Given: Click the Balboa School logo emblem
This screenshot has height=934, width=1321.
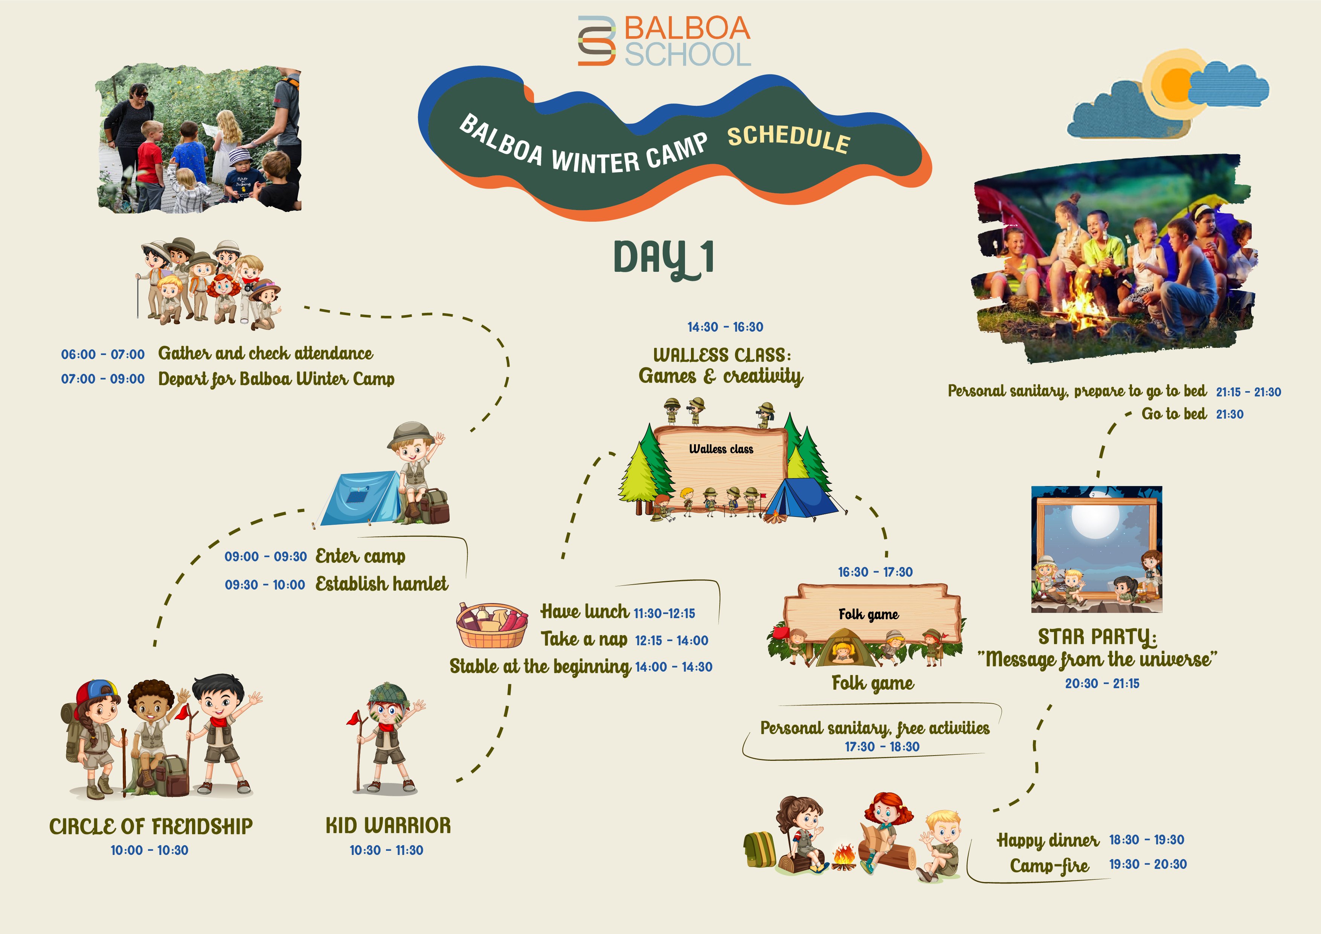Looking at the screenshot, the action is (596, 40).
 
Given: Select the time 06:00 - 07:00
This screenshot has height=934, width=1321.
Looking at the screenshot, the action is (103, 354).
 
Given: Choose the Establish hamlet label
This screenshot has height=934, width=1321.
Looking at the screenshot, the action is (381, 584).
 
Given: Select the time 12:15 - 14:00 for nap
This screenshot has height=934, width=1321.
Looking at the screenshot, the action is (671, 640).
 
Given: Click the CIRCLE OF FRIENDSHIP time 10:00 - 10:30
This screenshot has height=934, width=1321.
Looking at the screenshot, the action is (149, 850).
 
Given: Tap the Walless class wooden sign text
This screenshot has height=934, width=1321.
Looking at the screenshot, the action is (721, 449).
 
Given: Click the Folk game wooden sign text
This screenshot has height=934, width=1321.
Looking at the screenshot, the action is (869, 614).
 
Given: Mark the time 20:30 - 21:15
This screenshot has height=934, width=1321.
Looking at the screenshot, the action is (1102, 683).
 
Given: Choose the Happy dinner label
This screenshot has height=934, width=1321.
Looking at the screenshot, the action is (1048, 840).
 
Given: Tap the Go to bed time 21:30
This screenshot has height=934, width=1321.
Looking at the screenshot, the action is (1229, 414).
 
